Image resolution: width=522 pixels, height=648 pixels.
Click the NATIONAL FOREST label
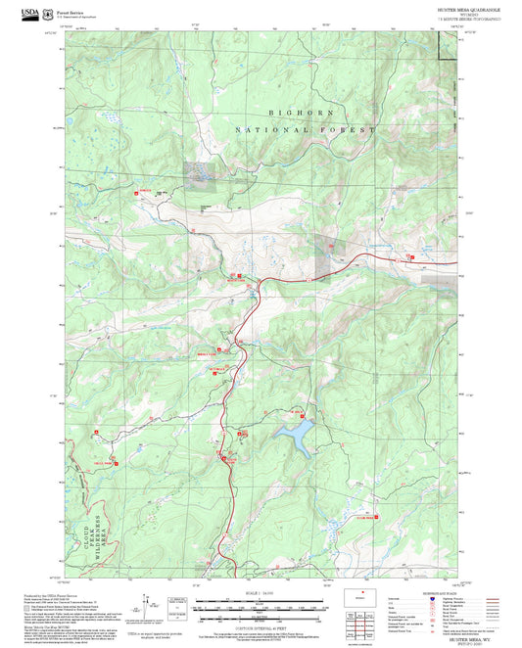(x=305, y=129)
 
